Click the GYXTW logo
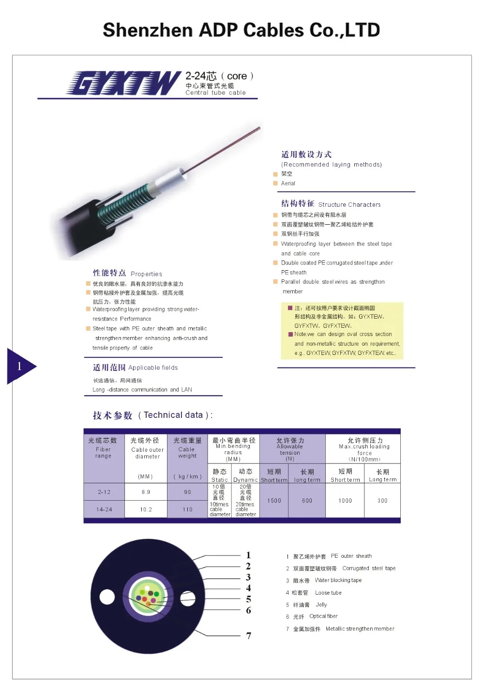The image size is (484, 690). point(123,83)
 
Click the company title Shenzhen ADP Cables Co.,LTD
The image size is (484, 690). point(241,30)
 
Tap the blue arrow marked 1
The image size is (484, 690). point(21,366)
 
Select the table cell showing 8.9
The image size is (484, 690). point(146,492)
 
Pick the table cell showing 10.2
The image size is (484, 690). point(146,509)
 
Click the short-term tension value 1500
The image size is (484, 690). point(274,501)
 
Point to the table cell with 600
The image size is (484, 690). point(307,501)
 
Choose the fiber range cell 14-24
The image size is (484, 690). point(104,509)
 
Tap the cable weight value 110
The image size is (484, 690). point(187,509)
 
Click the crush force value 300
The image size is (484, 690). point(382,501)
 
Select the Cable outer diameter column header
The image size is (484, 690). point(147,449)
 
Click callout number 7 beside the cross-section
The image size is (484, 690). point(249,636)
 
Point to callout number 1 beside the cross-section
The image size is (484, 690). point(248,555)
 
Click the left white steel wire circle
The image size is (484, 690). point(107,597)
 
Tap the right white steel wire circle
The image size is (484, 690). point(188,599)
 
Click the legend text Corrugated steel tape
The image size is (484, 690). point(369,568)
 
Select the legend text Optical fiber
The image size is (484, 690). point(323,616)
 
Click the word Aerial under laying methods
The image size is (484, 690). point(288,184)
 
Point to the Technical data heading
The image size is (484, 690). point(152,415)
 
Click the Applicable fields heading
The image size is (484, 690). point(136,368)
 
